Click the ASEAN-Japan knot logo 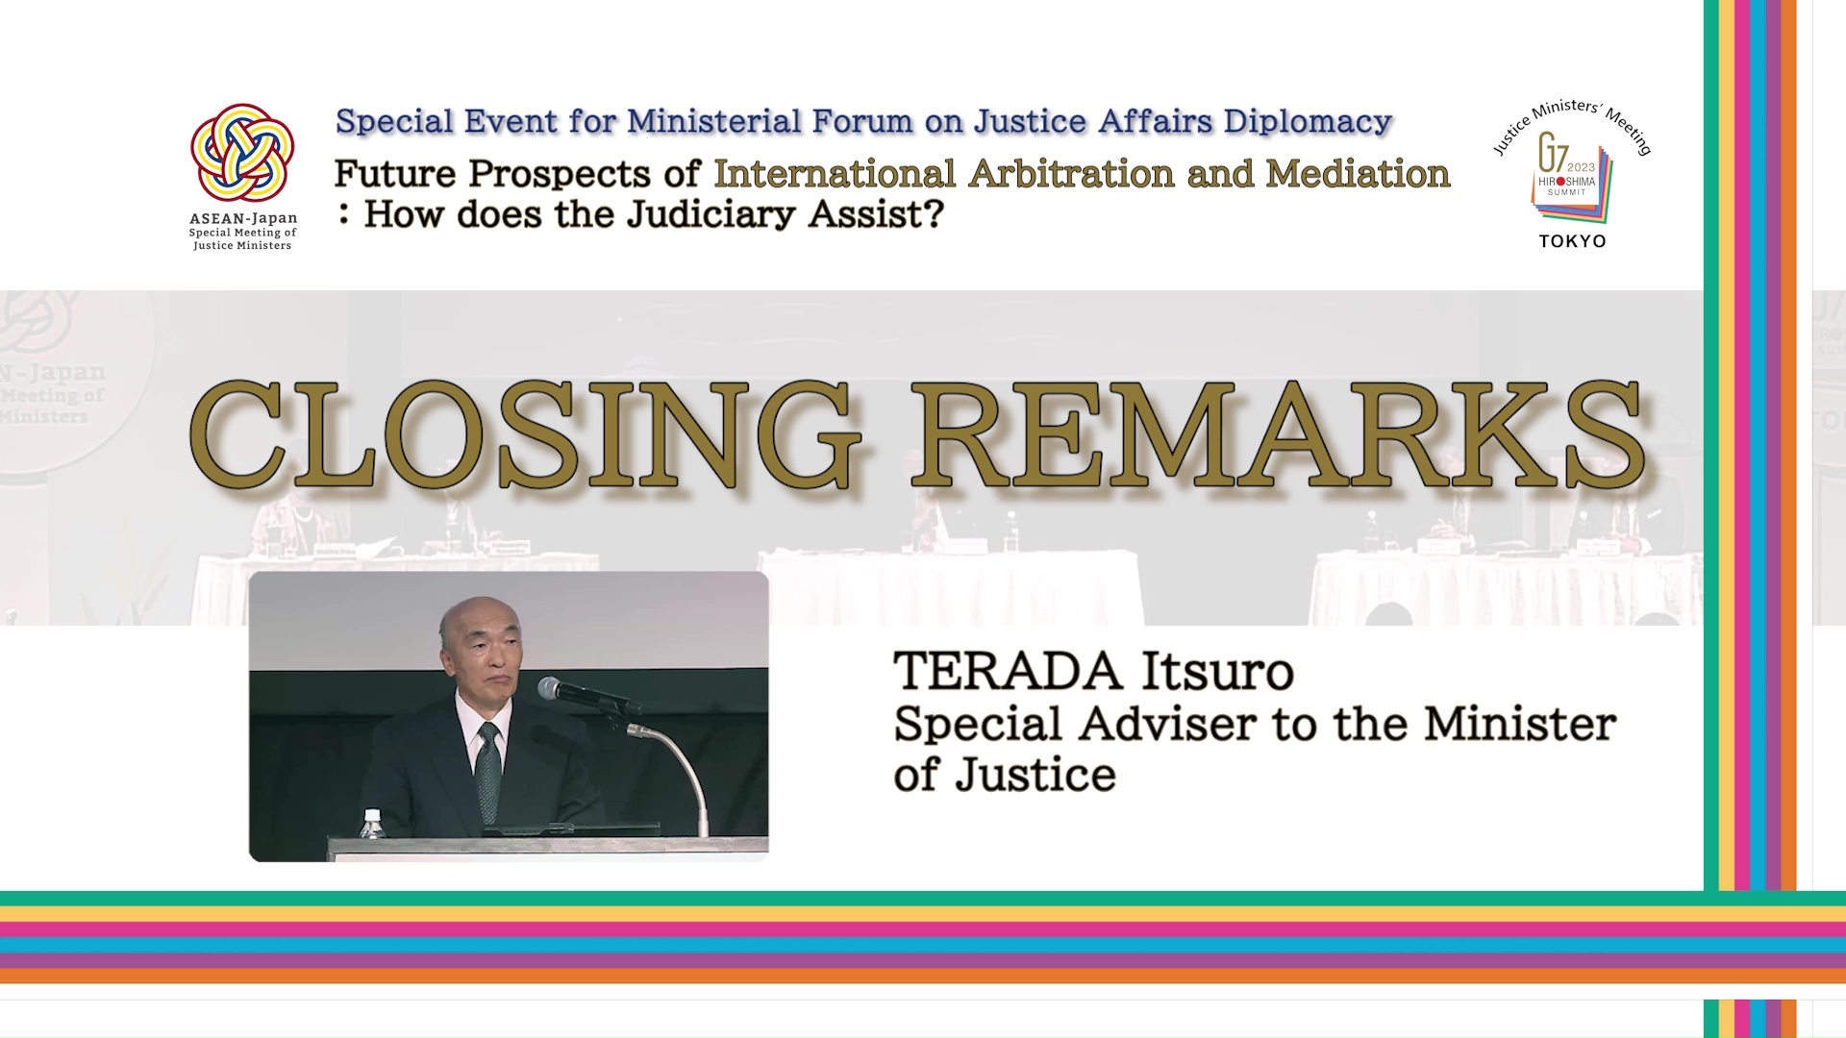point(242,153)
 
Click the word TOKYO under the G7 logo point(1572,241)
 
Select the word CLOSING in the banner point(524,434)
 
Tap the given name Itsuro point(1217,671)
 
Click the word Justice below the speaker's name point(1035,775)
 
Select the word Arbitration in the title point(1071,174)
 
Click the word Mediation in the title point(1358,174)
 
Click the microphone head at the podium point(551,687)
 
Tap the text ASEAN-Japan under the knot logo point(243,219)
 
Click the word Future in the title point(395,174)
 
